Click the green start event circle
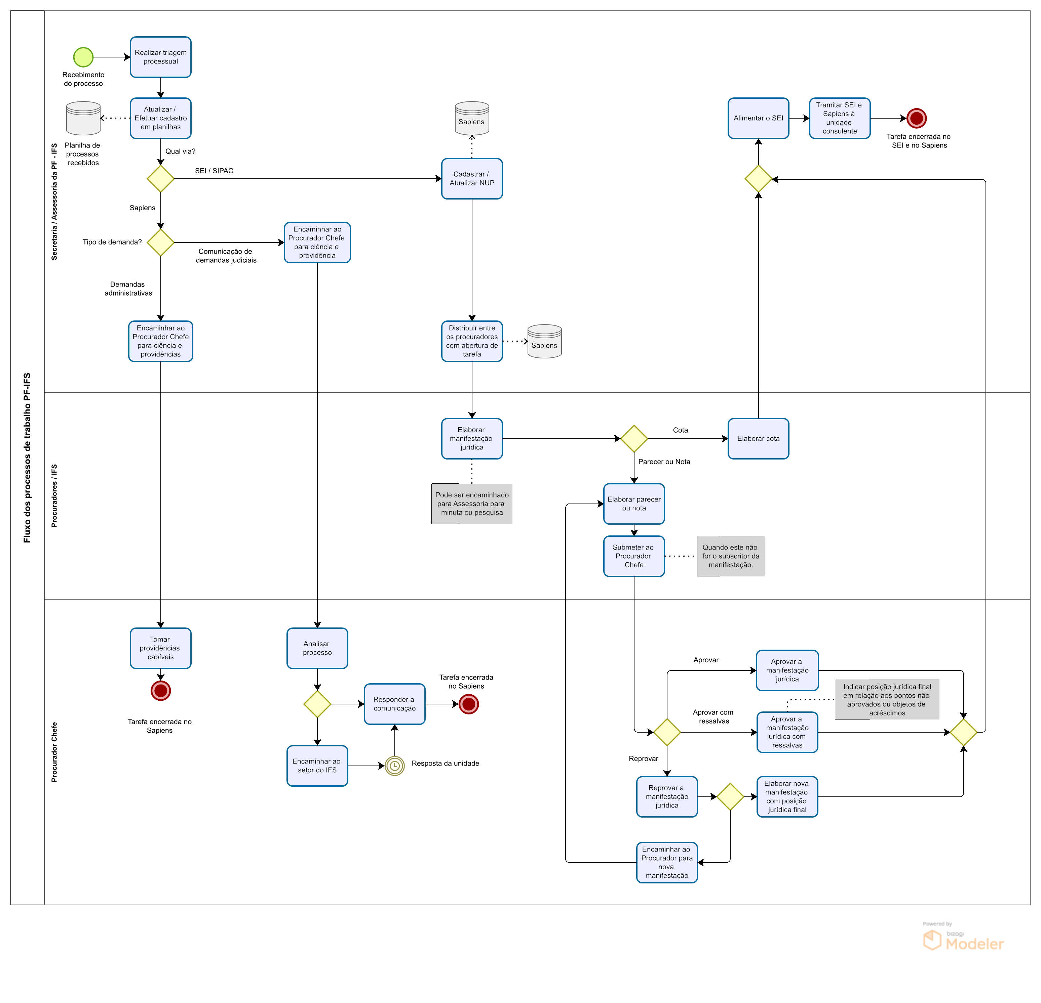point(83,57)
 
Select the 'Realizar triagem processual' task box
point(160,57)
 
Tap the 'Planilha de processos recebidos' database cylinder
point(83,118)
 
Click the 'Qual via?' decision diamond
point(160,179)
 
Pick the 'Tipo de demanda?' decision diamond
point(160,243)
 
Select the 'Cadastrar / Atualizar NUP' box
point(472,179)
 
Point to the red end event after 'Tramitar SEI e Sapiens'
point(916,118)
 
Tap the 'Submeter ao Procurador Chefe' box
point(633,556)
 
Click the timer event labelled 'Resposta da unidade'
point(395,766)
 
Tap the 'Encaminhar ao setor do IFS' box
point(317,766)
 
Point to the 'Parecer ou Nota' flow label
point(664,462)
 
